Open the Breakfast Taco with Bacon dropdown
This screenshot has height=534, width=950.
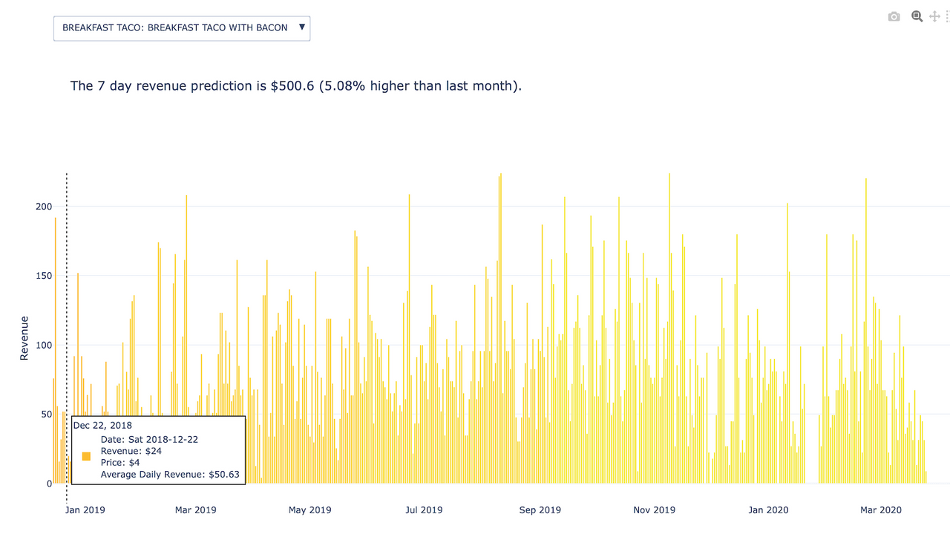tap(175, 28)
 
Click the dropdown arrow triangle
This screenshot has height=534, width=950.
tap(301, 27)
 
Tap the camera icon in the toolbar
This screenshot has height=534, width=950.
tap(894, 16)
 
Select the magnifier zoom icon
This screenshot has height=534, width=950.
tap(917, 16)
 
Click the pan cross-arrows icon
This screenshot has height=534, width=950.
tap(935, 16)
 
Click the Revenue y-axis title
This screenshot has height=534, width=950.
tap(24, 338)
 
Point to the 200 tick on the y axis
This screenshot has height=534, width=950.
tap(44, 206)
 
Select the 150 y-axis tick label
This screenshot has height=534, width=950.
tap(44, 276)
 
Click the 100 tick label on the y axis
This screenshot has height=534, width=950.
tap(44, 345)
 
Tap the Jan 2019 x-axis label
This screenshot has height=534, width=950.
tap(85, 510)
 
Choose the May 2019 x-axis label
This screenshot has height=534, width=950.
tap(309, 510)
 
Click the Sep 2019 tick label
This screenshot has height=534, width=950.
tap(540, 510)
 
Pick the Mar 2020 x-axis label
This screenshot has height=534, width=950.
tap(880, 510)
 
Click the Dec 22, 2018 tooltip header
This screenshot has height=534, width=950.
tap(102, 426)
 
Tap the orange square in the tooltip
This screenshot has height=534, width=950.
tap(87, 457)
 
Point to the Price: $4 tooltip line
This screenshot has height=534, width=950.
tap(120, 463)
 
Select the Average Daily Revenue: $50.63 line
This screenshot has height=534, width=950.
tap(170, 475)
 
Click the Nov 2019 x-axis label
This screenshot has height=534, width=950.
tap(655, 510)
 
